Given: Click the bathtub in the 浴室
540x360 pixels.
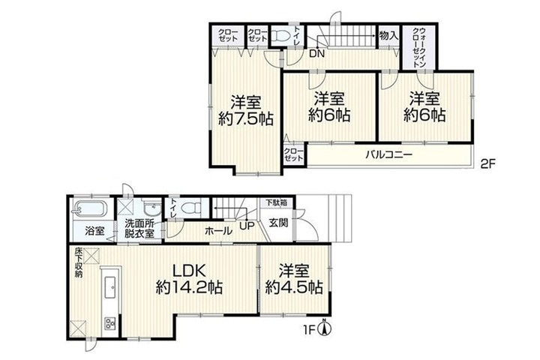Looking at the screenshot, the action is pyautogui.click(x=90, y=208).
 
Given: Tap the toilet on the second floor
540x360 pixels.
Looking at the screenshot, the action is pyautogui.click(x=281, y=36).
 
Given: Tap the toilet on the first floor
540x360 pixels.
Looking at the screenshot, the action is pyautogui.click(x=191, y=208).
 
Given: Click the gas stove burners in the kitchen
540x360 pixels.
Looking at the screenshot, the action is pyautogui.click(x=111, y=323).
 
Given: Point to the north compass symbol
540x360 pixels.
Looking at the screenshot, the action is pyautogui.click(x=325, y=328).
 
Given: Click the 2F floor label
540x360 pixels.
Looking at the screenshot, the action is pyautogui.click(x=487, y=163).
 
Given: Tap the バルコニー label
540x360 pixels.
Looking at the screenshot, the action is pyautogui.click(x=388, y=154).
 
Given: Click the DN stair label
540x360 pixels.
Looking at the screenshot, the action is pyautogui.click(x=316, y=54).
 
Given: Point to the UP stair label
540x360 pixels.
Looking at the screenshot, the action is pyautogui.click(x=247, y=226).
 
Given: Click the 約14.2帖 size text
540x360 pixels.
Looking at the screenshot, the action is pyautogui.click(x=189, y=287).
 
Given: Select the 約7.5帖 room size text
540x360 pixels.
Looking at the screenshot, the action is pyautogui.click(x=245, y=118).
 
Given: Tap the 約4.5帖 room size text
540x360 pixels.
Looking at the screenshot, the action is pyautogui.click(x=294, y=287).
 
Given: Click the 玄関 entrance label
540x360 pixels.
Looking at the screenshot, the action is pyautogui.click(x=278, y=223).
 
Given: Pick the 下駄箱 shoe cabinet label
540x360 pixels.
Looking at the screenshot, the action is pyautogui.click(x=276, y=202).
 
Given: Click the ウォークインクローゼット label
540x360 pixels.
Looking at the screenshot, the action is pyautogui.click(x=419, y=47).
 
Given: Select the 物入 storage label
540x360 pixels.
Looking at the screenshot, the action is pyautogui.click(x=388, y=34).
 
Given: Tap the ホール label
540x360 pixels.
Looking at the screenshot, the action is pyautogui.click(x=219, y=231).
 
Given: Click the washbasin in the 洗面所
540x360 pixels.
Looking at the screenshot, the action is pyautogui.click(x=151, y=208).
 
